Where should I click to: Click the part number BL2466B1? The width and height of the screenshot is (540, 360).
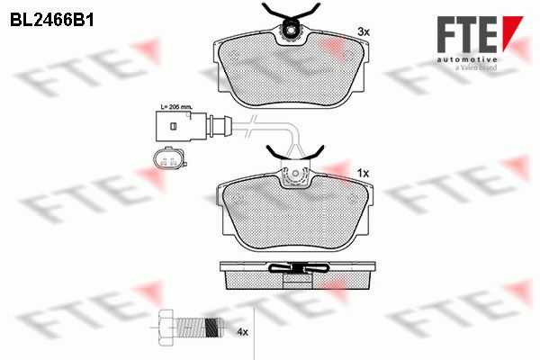tap(52, 21)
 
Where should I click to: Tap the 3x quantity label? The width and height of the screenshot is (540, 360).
tap(364, 32)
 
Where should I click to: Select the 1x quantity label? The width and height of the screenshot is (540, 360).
tap(363, 174)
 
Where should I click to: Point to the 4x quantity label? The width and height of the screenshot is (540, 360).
tap(242, 332)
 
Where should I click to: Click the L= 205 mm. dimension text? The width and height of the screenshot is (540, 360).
tap(176, 107)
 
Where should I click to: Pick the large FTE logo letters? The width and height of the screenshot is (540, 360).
tap(467, 34)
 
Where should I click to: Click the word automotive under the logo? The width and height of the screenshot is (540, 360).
tap(467, 60)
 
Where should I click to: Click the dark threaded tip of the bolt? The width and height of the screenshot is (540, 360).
tap(214, 328)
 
